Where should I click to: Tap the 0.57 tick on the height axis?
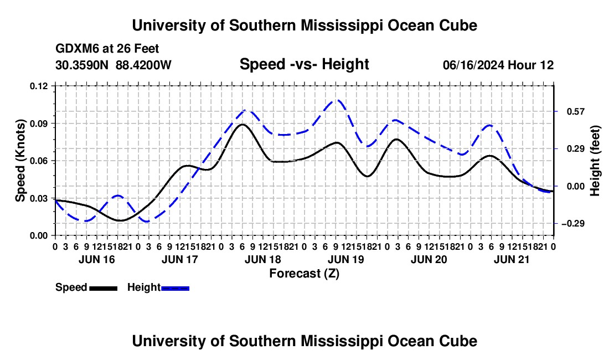(576, 111)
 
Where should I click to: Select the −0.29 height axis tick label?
(573, 223)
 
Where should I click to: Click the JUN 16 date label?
(97, 259)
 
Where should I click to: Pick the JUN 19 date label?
(346, 259)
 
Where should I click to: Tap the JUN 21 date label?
(512, 259)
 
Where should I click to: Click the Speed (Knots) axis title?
(20, 161)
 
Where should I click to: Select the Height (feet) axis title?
(595, 161)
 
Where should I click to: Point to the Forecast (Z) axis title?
(304, 274)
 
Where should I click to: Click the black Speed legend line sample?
(104, 288)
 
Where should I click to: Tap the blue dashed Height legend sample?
(175, 288)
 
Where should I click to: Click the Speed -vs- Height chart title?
(304, 64)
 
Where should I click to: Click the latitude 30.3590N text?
(82, 65)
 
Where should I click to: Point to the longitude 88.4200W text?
(143, 65)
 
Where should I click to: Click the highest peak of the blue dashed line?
(337, 100)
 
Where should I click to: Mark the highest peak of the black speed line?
(242, 124)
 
